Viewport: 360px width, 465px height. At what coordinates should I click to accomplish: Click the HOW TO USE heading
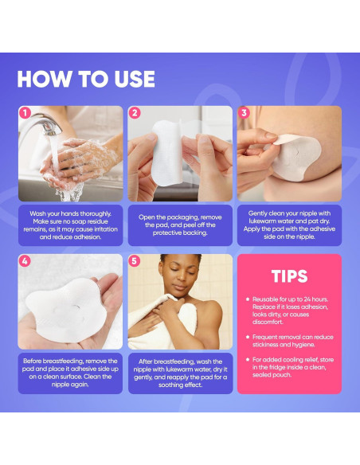(x=86, y=79)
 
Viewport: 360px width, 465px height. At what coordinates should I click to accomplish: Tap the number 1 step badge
(x=25, y=113)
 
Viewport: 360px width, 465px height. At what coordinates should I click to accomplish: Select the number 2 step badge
(x=135, y=113)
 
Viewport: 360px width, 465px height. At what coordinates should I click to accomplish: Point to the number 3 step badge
(x=244, y=113)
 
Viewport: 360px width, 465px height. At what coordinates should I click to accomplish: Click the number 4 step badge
(x=25, y=261)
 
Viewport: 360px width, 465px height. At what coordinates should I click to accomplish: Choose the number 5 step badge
(x=134, y=261)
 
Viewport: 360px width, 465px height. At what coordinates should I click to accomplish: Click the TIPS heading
(x=289, y=276)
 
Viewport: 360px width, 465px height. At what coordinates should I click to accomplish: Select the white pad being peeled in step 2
(x=167, y=153)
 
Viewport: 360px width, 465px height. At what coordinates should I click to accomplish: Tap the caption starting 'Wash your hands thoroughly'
(x=71, y=225)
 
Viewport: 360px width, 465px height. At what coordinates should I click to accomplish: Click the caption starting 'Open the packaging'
(x=180, y=225)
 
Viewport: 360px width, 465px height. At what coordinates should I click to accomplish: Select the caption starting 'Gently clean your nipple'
(x=289, y=225)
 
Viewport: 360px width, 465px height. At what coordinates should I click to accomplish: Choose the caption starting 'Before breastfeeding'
(x=70, y=373)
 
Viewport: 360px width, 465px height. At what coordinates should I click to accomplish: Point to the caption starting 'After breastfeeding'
(x=180, y=373)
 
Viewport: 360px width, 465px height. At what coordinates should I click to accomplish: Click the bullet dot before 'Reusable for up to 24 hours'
(x=248, y=299)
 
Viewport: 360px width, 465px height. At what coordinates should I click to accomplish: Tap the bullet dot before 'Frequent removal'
(x=248, y=337)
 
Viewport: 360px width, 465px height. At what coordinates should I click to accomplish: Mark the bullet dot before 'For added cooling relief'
(x=248, y=359)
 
